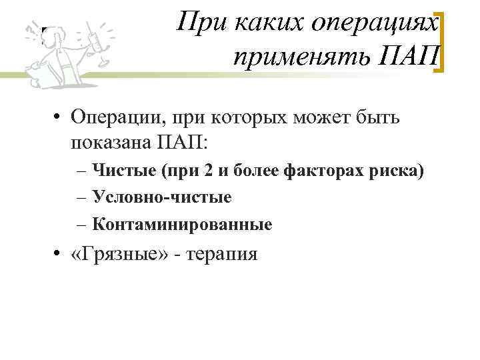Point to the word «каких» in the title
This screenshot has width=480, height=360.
(x=263, y=25)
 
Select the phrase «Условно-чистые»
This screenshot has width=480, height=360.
(x=162, y=197)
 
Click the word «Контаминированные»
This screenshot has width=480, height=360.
(x=182, y=225)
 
